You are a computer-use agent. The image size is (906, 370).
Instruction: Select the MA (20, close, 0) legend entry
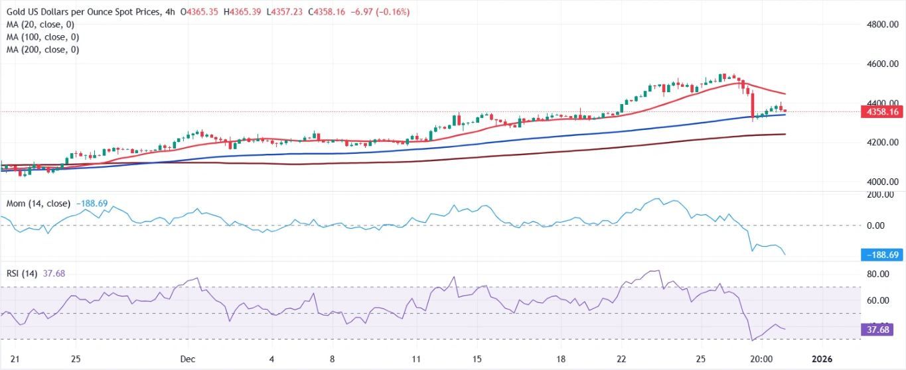coord(41,25)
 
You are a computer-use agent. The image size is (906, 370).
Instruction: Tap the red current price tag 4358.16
coord(883,112)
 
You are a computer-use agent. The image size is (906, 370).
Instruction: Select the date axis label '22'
coord(621,359)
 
